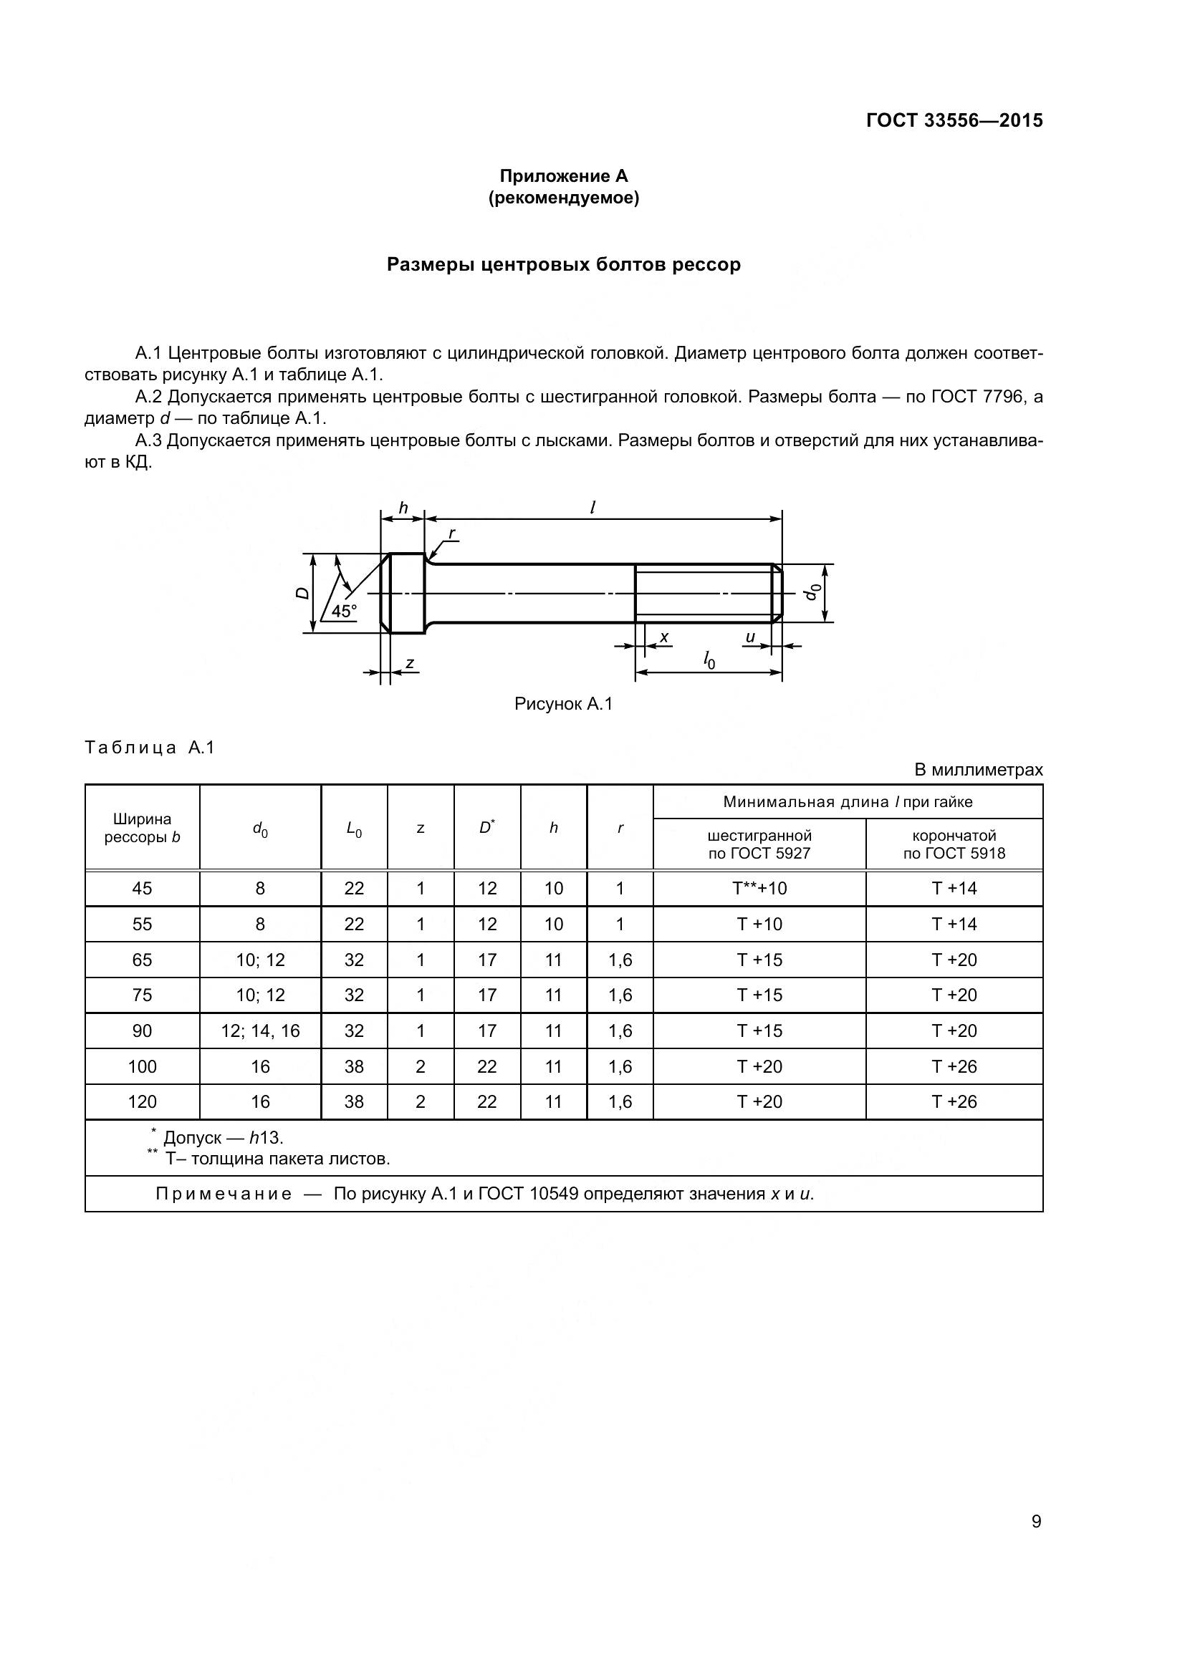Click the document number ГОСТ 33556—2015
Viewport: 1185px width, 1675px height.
coord(954,120)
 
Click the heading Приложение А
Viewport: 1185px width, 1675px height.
coord(563,176)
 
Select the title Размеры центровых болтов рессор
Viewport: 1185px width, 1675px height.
coord(563,264)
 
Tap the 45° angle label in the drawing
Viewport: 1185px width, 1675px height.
coord(344,612)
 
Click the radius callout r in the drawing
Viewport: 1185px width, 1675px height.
coord(451,534)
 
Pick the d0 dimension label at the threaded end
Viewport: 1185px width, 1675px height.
coord(812,592)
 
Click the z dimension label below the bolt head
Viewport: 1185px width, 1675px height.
coord(410,662)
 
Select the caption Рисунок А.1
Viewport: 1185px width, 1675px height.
coord(563,704)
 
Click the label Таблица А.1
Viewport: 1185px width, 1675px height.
coord(150,748)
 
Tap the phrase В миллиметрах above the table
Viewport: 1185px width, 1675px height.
coord(978,770)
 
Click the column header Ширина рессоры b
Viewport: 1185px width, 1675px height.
coord(143,828)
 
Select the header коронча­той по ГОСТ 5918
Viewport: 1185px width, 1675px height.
coord(954,844)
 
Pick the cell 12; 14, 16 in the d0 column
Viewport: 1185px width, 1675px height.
coord(261,1030)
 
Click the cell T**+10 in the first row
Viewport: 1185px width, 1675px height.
coord(759,889)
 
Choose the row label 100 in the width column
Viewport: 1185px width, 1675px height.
coord(143,1066)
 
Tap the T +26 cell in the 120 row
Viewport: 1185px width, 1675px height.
coord(954,1101)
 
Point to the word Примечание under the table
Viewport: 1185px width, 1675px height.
coord(224,1194)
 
